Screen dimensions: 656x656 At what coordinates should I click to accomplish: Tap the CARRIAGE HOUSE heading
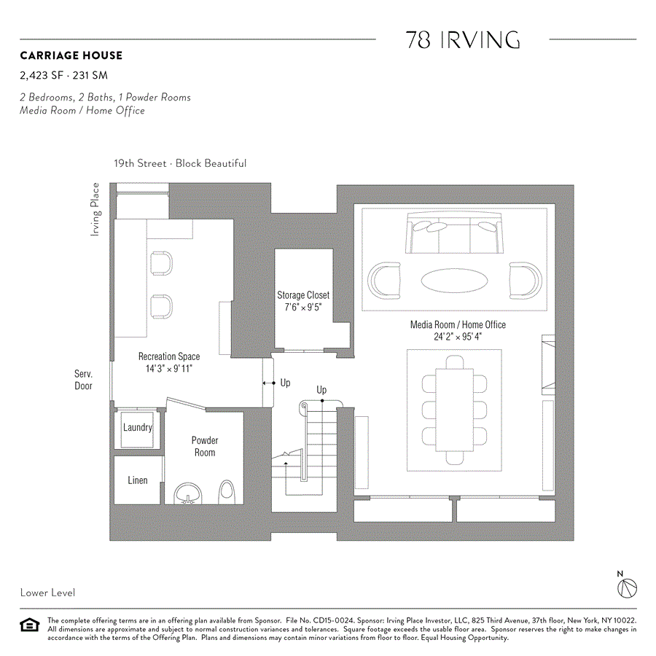click(71, 55)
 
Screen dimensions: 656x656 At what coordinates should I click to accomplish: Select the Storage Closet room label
click(303, 295)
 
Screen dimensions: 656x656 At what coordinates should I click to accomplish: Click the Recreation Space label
click(169, 356)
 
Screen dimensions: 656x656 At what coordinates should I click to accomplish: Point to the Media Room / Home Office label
click(458, 325)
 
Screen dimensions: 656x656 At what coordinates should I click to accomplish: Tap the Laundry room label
click(137, 427)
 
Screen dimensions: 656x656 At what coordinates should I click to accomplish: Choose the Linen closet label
click(138, 480)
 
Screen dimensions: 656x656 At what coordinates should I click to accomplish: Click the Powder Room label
click(205, 446)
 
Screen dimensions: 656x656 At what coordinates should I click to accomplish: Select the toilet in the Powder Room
click(226, 492)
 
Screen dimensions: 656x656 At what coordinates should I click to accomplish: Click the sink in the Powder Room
click(188, 493)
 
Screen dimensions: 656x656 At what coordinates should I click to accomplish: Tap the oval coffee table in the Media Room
click(455, 279)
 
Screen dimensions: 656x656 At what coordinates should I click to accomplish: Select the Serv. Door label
click(84, 380)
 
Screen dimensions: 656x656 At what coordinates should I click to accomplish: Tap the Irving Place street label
click(95, 209)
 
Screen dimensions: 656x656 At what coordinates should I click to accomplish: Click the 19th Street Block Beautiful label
click(179, 163)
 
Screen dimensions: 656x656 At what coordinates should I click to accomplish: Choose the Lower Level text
click(47, 593)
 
